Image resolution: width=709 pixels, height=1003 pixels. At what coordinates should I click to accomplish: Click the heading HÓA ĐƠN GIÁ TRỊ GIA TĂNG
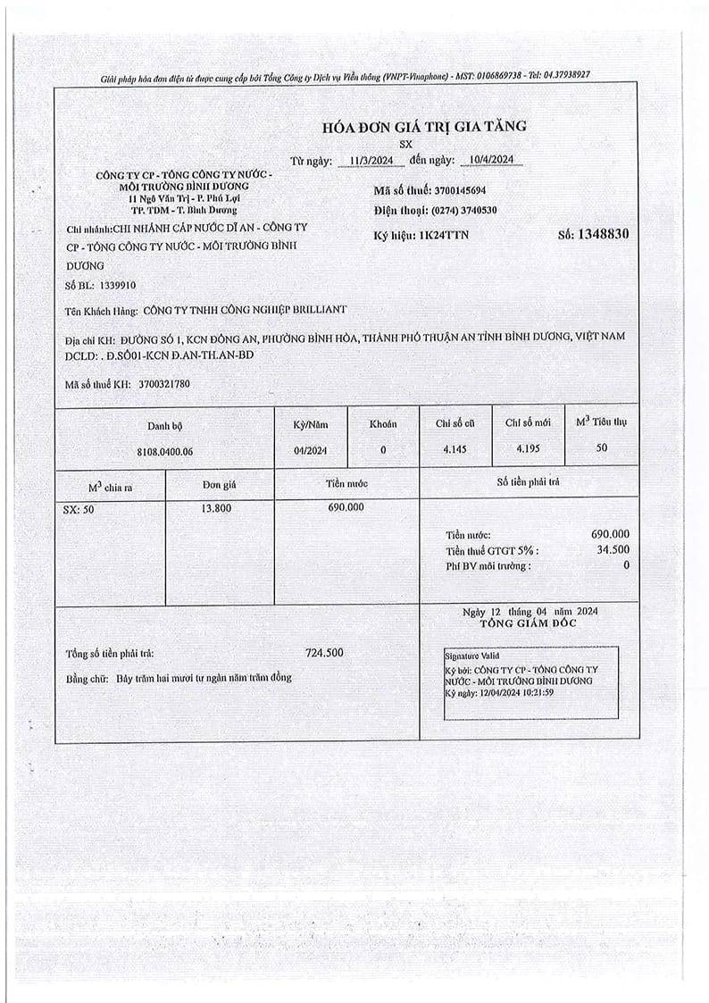click(417, 126)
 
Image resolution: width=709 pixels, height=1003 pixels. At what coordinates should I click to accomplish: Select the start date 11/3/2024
click(371, 161)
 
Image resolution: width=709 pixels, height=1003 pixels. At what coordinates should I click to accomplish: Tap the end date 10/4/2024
click(489, 161)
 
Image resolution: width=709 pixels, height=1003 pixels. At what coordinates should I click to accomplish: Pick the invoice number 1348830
click(604, 234)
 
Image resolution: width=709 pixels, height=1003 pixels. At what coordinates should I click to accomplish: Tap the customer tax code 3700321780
click(164, 384)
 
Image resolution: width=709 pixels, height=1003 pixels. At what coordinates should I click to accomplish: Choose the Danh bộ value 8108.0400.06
click(165, 451)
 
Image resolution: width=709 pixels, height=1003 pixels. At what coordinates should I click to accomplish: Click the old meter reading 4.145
click(454, 449)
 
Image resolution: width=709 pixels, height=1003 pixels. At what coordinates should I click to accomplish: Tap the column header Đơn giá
click(219, 484)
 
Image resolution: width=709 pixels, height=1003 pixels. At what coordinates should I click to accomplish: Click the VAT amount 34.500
click(613, 550)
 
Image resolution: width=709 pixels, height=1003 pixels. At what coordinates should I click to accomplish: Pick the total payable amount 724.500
click(323, 653)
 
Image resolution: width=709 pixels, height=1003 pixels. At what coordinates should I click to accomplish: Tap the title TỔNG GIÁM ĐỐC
click(529, 623)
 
